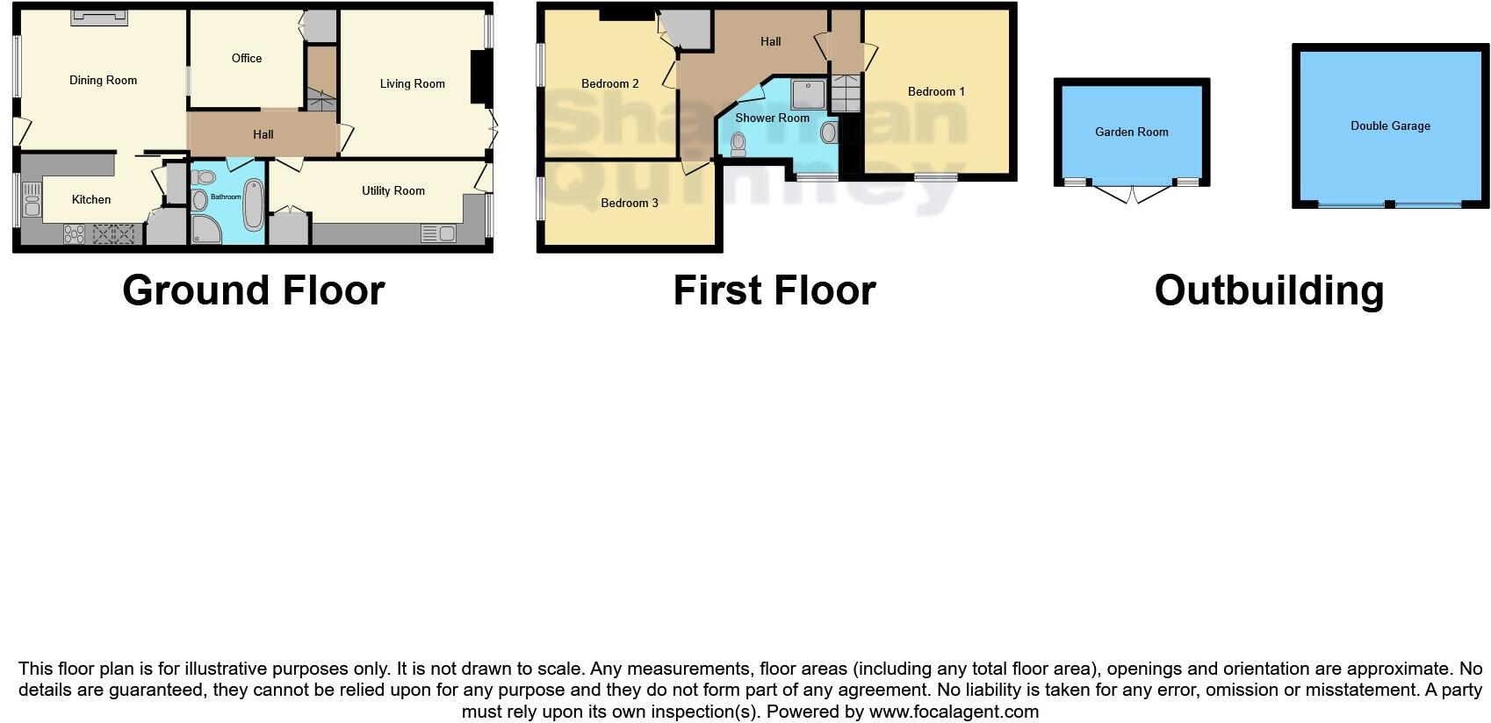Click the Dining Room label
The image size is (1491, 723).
[x=103, y=81]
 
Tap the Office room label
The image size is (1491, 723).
[x=247, y=59]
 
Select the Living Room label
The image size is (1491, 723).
[x=412, y=84]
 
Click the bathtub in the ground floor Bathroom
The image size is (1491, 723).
[x=254, y=204]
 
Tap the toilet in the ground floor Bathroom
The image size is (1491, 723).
[x=204, y=178]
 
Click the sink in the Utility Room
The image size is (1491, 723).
[x=438, y=233]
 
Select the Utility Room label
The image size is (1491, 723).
[x=393, y=191]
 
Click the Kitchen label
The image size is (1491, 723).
[x=91, y=200]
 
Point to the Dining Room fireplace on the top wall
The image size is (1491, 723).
[x=99, y=17]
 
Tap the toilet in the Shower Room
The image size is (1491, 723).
[x=738, y=145]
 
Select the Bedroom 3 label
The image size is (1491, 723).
[x=629, y=204]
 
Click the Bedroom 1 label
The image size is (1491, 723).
[x=936, y=92]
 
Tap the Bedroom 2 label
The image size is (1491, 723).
[x=609, y=84]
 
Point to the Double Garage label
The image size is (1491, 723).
[x=1390, y=126]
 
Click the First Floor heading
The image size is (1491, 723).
[x=774, y=291]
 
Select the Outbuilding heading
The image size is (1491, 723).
[x=1269, y=291]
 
